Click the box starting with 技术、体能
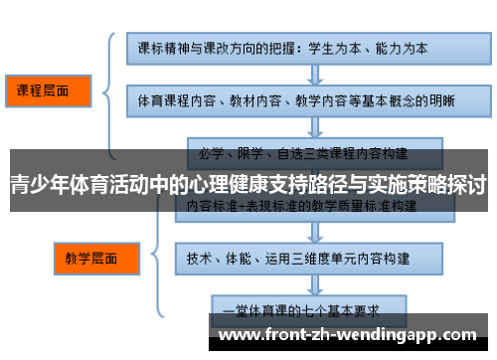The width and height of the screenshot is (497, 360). click(303, 257)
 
